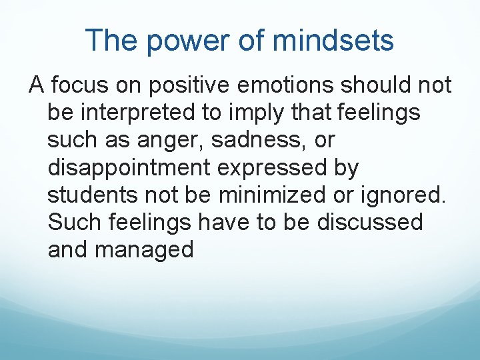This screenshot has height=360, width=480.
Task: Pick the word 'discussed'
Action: pos(370,222)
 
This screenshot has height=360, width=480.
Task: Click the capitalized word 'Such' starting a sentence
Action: pos(73,222)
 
